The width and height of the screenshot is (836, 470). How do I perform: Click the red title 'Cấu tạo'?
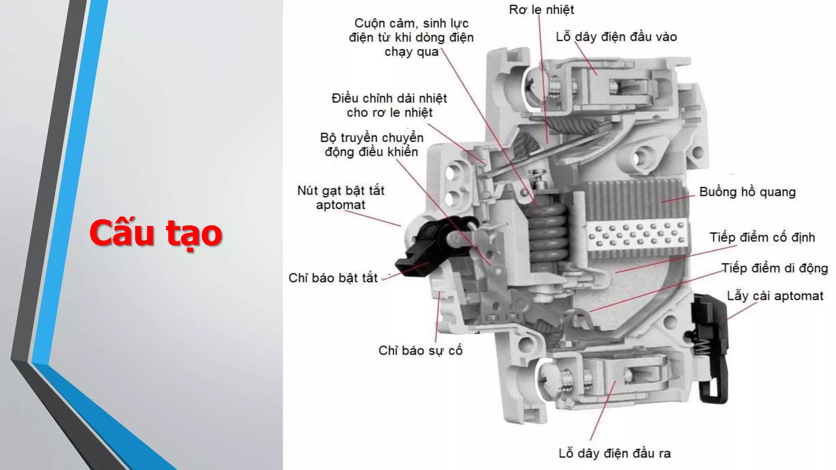click(156, 233)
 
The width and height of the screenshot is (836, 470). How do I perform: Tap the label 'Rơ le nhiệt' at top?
click(541, 9)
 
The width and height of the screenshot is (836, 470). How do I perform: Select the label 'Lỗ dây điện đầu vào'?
click(616, 37)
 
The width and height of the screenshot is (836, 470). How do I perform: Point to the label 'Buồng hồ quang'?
click(747, 192)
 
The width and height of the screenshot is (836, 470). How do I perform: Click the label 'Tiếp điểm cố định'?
click(762, 237)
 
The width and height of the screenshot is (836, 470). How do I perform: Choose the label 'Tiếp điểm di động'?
click(774, 268)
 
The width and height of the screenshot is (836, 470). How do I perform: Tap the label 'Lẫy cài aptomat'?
click(775, 296)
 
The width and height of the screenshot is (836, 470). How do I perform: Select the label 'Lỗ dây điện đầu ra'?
click(614, 453)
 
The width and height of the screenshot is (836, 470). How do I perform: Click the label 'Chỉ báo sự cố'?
click(420, 350)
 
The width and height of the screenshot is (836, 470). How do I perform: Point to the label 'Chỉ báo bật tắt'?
click(333, 278)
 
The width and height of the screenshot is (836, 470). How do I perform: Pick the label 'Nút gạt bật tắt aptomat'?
click(341, 197)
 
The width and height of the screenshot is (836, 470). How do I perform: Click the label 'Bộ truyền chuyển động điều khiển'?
click(371, 144)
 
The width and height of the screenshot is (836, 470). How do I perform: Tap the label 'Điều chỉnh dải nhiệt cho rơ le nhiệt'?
click(389, 105)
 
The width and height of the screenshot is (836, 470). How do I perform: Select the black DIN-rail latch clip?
click(712, 347)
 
